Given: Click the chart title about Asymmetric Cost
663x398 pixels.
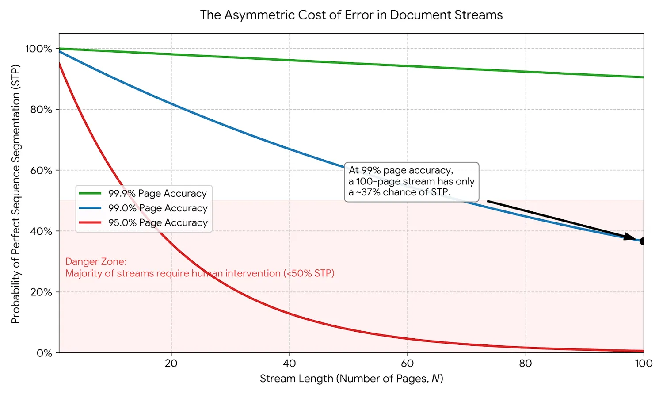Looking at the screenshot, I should (351, 15).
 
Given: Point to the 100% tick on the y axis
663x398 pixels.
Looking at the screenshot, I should (38, 49).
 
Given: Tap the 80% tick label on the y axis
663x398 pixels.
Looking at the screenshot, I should (41, 110).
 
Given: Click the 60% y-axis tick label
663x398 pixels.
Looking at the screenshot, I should (41, 171).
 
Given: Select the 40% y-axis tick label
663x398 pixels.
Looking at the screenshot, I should (41, 231).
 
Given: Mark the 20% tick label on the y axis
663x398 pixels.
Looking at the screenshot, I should (41, 292).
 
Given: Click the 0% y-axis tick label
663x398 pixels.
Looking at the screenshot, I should (44, 353).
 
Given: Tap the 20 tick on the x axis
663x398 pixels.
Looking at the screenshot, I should (171, 364).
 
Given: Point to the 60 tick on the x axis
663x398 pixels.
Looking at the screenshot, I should (407, 364).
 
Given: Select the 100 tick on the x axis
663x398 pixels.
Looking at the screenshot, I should (644, 364).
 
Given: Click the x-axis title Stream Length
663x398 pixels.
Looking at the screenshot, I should (351, 379).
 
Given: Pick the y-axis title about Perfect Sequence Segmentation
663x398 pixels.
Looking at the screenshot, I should (16, 194).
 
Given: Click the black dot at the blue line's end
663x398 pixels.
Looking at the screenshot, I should (643, 241).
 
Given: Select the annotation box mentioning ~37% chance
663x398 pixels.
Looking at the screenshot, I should (411, 182).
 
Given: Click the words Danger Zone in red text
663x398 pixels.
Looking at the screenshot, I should (96, 262).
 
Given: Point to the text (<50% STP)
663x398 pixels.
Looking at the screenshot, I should (309, 274).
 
